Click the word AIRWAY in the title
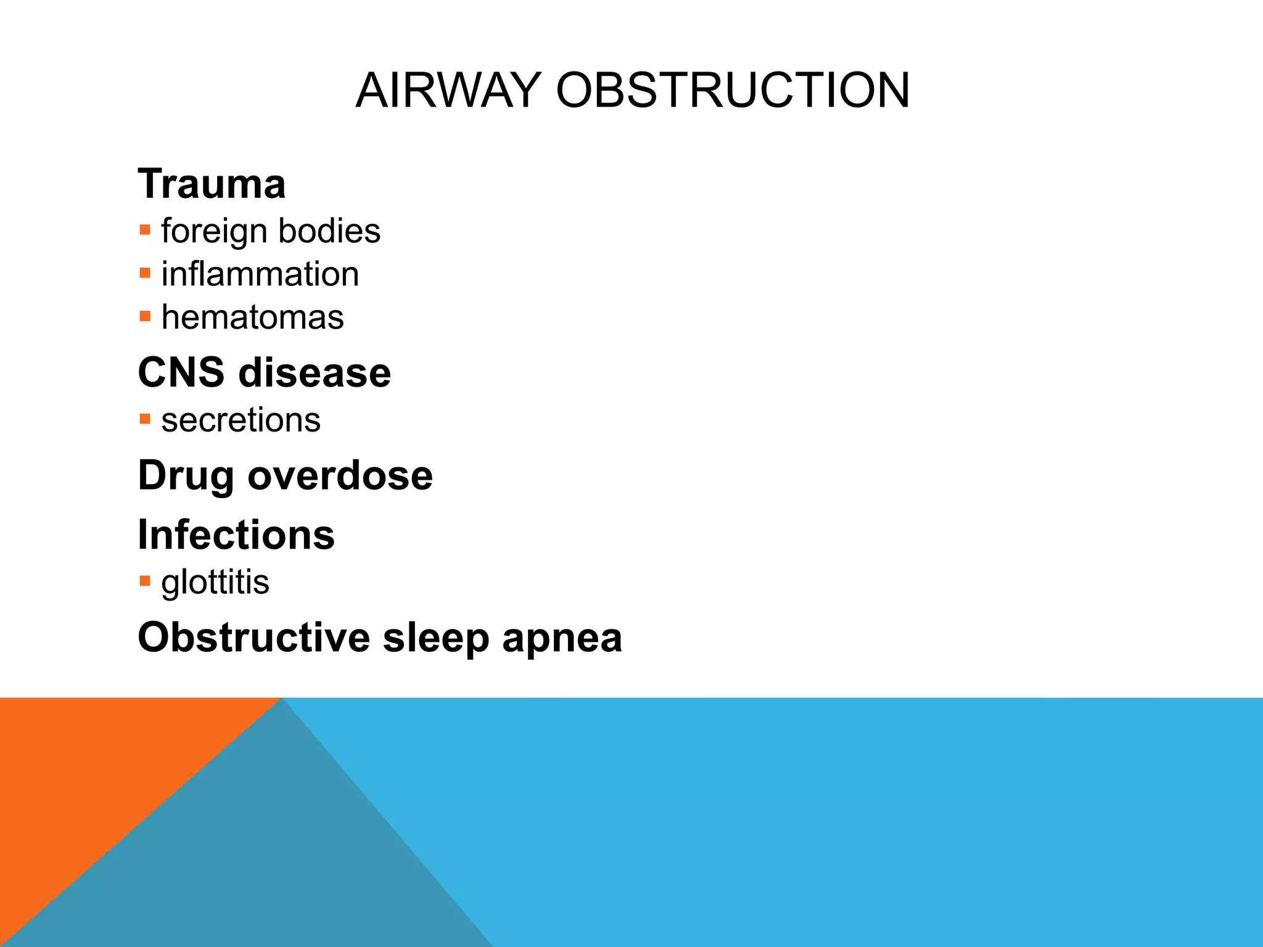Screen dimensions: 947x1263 [448, 91]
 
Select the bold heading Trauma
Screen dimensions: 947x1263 [212, 184]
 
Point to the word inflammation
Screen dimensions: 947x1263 [260, 274]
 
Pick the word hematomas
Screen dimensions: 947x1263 [252, 318]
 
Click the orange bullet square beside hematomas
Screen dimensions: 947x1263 [145, 317]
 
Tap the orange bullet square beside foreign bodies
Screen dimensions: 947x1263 [145, 231]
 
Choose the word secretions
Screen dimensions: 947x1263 [241, 420]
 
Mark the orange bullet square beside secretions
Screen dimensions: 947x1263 [145, 420]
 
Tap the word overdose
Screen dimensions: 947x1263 [340, 476]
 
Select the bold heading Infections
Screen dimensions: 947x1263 [236, 535]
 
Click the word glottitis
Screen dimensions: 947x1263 [215, 583]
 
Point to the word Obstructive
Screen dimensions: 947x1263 [253, 637]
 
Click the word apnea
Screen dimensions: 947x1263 [562, 638]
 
